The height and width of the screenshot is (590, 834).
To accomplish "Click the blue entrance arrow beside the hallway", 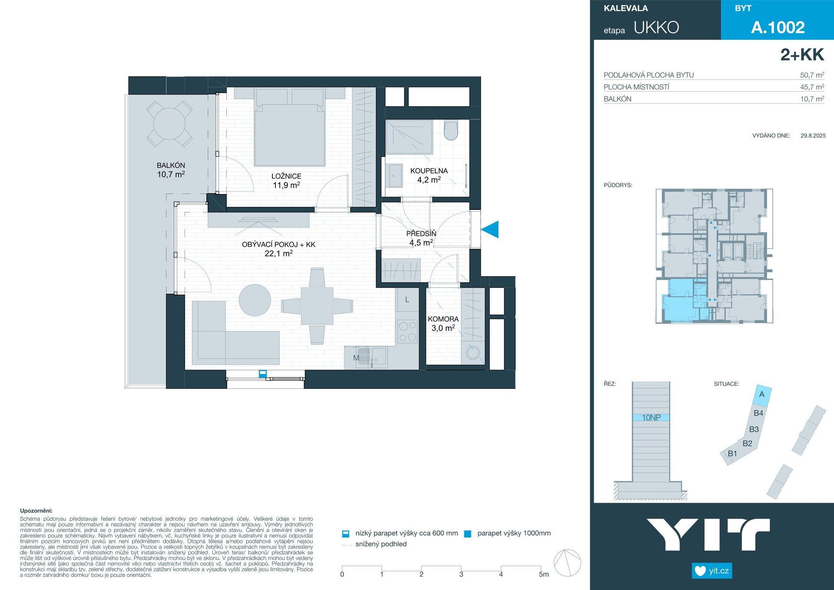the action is (490, 230).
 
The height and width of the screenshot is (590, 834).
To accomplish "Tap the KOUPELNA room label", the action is (429, 171).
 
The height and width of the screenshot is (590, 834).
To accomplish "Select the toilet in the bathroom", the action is (451, 131).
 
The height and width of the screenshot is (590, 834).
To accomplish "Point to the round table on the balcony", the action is (169, 123).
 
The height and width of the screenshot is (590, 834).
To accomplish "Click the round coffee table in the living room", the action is (255, 300).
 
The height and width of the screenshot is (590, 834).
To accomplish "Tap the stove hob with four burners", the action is (407, 331).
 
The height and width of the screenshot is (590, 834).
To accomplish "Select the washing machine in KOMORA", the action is (473, 352).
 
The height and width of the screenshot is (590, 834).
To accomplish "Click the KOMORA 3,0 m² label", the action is (443, 323).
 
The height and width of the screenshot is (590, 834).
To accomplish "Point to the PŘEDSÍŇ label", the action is (421, 233).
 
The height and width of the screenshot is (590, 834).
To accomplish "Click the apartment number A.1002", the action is (778, 27).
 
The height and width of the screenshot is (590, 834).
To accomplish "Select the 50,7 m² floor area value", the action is (812, 75).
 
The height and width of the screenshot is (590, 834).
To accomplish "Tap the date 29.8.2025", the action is (813, 136).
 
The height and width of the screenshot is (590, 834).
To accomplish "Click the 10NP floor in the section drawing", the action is (651, 417).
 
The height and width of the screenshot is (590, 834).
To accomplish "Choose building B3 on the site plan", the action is (754, 429).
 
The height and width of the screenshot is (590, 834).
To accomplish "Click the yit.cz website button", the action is (712, 570).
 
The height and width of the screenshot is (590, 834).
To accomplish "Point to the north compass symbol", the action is (568, 563).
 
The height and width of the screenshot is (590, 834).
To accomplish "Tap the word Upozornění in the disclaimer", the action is (36, 511).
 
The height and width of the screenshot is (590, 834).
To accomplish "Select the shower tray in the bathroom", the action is (409, 137).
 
